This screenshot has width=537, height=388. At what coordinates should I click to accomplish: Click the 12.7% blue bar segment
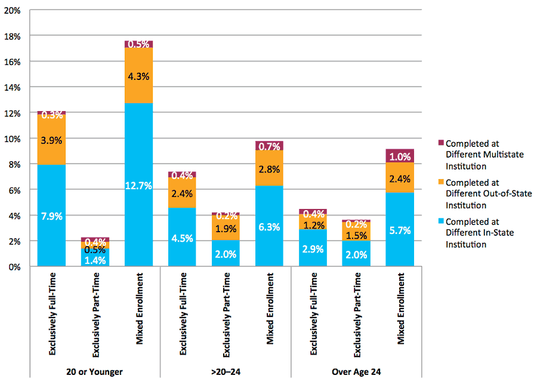(x=138, y=185)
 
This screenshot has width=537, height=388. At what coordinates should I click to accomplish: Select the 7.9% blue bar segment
(x=51, y=215)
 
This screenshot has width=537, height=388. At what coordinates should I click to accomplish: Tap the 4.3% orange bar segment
(x=138, y=75)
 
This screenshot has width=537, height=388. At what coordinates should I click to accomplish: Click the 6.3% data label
(x=270, y=227)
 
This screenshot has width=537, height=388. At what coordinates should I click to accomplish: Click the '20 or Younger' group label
(x=95, y=372)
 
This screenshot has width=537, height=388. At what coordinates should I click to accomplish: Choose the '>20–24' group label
(x=226, y=372)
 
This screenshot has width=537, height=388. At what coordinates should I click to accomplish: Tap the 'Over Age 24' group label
(x=356, y=372)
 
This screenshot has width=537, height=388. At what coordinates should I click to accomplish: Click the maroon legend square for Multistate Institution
(x=441, y=143)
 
